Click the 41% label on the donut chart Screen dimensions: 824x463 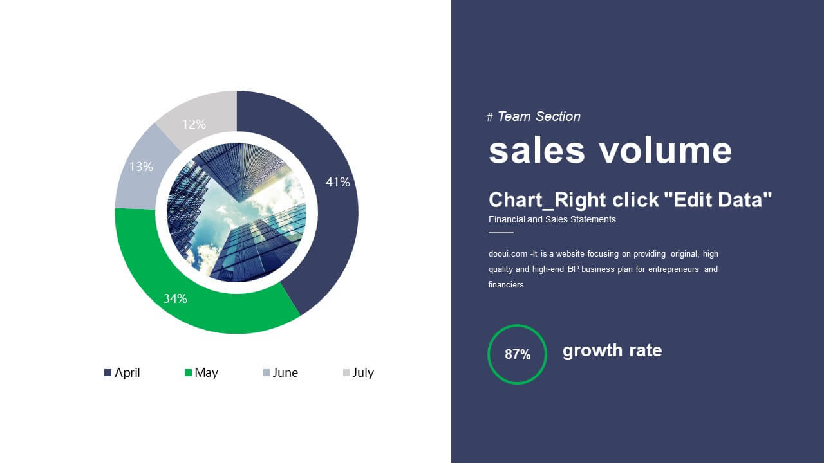(x=338, y=182)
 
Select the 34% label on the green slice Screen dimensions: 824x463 (x=175, y=298)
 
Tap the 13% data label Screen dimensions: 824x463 (x=141, y=167)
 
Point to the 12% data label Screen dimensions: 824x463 (x=194, y=124)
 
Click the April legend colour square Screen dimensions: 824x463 (x=108, y=372)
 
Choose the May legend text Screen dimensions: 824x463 (x=207, y=373)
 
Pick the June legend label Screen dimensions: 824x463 (x=285, y=372)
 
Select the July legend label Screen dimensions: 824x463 (x=363, y=373)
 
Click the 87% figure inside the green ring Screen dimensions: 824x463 (x=518, y=354)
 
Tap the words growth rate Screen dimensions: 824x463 (x=612, y=350)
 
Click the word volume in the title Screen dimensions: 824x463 (x=666, y=150)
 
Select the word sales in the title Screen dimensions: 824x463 (x=537, y=150)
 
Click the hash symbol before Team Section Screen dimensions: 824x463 (x=490, y=117)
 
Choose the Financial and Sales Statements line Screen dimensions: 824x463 (x=552, y=219)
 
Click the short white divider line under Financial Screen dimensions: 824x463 (x=501, y=233)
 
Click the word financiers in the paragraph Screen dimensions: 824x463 (x=506, y=285)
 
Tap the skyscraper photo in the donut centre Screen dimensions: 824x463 (x=236, y=212)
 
